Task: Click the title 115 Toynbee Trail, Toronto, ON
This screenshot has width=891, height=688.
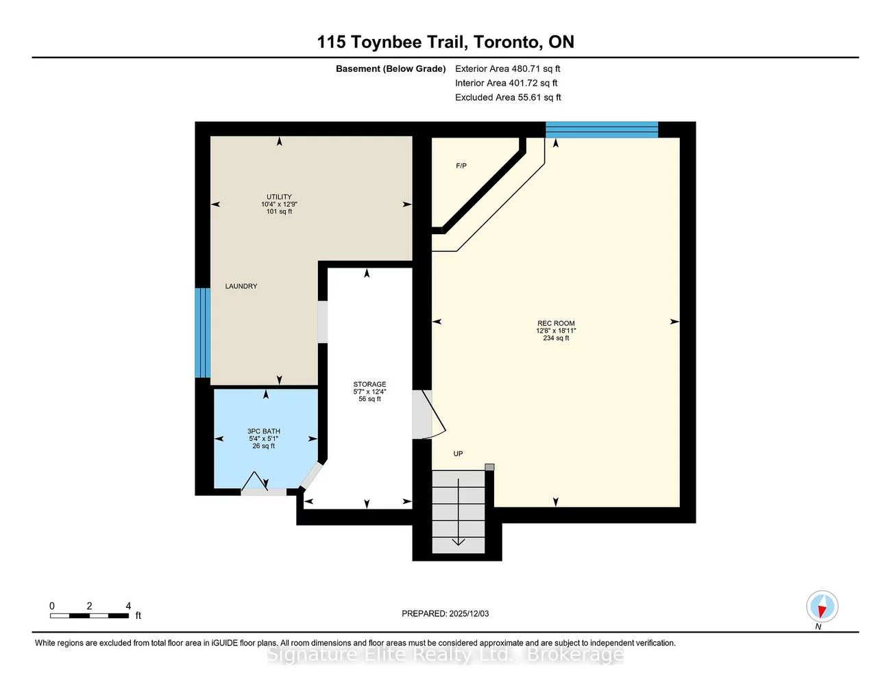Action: pyautogui.click(x=445, y=42)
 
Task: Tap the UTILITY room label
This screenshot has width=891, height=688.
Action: pyautogui.click(x=279, y=197)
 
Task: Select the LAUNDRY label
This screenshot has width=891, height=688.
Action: pyautogui.click(x=241, y=286)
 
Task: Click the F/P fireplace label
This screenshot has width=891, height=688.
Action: pyautogui.click(x=461, y=166)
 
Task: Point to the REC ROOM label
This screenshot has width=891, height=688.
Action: pyautogui.click(x=556, y=324)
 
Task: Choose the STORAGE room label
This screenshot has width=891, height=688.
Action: pyautogui.click(x=369, y=385)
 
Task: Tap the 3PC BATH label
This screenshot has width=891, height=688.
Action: pyautogui.click(x=264, y=432)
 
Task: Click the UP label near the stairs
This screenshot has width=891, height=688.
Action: pyautogui.click(x=458, y=454)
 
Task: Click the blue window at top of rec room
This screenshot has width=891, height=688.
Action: pyautogui.click(x=602, y=129)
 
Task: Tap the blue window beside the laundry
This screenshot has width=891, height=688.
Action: pyautogui.click(x=202, y=333)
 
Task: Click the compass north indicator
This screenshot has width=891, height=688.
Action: pyautogui.click(x=822, y=607)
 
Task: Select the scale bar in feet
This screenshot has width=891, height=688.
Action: pyautogui.click(x=89, y=615)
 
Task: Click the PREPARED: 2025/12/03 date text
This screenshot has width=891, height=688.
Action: pyautogui.click(x=445, y=614)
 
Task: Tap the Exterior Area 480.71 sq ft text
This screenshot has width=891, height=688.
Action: pyautogui.click(x=507, y=68)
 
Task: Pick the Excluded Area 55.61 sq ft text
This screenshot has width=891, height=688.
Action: pyautogui.click(x=508, y=97)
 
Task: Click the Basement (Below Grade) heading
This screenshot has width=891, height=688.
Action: pyautogui.click(x=391, y=68)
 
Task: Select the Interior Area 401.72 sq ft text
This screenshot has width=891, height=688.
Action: pyautogui.click(x=506, y=83)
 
